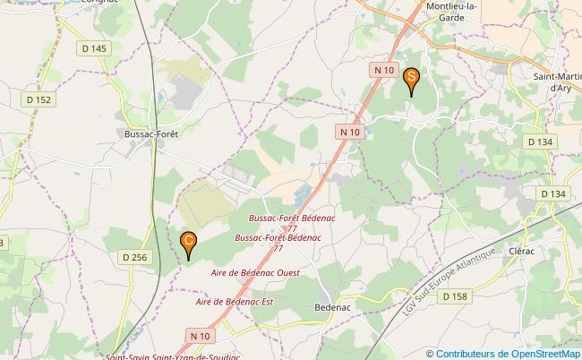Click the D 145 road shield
click(92, 48)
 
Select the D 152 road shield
click(39, 100)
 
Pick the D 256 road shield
click(133, 257)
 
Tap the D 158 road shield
click(455, 296)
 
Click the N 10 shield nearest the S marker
click(384, 70)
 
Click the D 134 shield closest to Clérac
click(553, 193)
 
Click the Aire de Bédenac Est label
click(234, 302)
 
